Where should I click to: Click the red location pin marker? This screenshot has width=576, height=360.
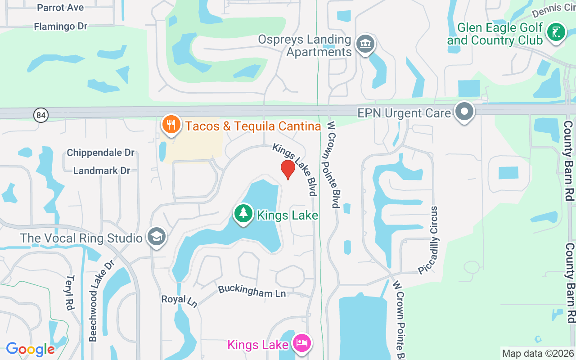click(288, 169)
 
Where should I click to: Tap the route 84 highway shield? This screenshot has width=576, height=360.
click(41, 115)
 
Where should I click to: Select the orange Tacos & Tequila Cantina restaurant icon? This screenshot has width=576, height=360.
click(171, 126)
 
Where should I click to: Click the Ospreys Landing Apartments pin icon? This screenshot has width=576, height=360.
click(365, 45)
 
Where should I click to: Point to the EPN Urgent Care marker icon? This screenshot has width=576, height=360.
click(464, 112)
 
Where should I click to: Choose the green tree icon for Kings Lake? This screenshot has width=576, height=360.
click(243, 214)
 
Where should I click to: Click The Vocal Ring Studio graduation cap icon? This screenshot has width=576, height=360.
click(157, 237)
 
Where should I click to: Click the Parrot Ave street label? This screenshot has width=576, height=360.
click(60, 8)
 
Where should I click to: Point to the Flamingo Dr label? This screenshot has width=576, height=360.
click(60, 27)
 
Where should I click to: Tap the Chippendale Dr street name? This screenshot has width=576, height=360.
click(100, 153)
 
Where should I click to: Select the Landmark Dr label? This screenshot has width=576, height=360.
click(102, 171)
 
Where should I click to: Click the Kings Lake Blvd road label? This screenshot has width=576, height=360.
click(295, 169)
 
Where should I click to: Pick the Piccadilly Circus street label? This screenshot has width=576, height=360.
click(428, 240)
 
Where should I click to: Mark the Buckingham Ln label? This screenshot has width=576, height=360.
click(252, 291)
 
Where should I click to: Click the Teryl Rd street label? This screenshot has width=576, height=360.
click(70, 292)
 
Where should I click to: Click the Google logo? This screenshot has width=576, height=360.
click(30, 349)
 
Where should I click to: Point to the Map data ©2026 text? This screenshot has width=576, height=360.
click(538, 353)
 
